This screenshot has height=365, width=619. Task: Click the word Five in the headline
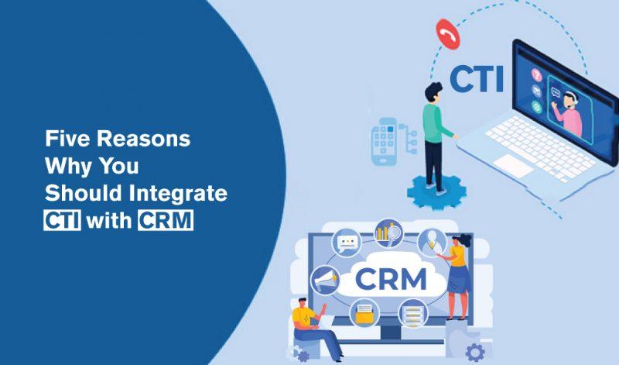pos(63,140)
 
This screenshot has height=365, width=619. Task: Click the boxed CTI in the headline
pos(62,220)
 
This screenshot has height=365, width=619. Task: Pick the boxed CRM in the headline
pos(165,220)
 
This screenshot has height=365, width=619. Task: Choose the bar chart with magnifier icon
pos(386,232)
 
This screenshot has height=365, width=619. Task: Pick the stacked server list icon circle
pos(413,312)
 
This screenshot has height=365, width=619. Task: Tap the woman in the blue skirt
pos(458,271)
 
